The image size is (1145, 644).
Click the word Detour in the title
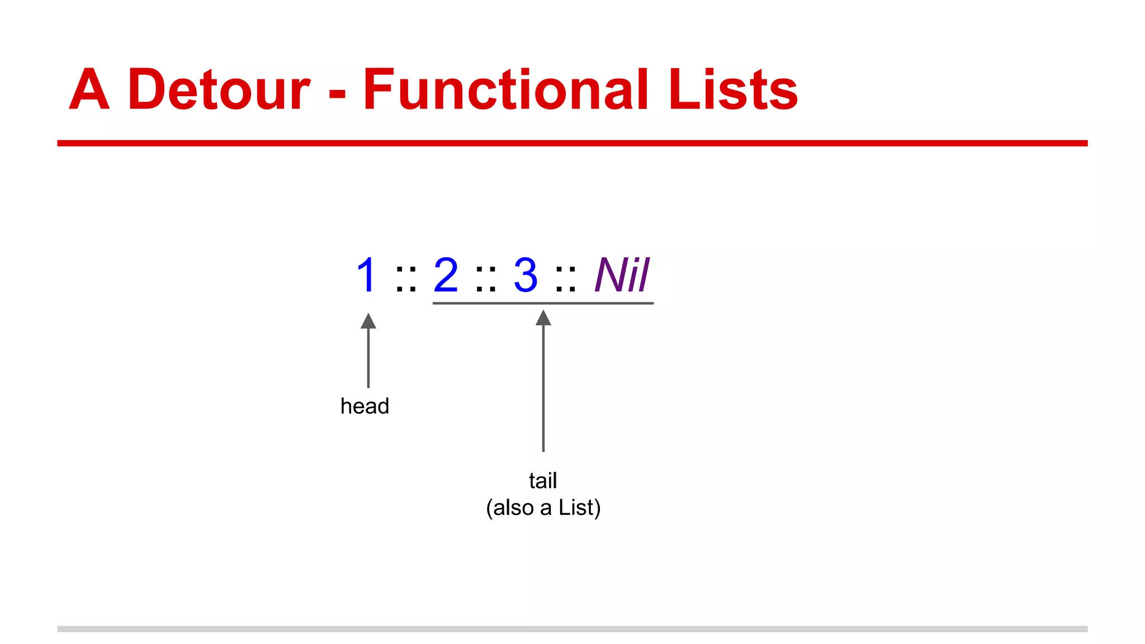pos(219,89)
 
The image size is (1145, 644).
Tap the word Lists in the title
pos(732,89)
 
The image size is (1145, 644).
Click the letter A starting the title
pos(89,89)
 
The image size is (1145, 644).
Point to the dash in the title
pos(337,93)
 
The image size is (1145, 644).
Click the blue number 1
pos(366,275)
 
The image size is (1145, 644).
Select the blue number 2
pos(446,275)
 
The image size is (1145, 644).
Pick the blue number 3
pos(526,275)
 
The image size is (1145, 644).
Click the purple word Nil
pos(622,275)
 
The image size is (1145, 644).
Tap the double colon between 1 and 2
pos(406,279)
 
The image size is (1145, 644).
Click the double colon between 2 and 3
pos(486,279)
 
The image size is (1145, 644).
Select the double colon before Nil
pos(566,279)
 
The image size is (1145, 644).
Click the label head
pos(365,406)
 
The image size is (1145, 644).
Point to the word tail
pos(543,481)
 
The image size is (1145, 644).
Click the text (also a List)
pos(543,508)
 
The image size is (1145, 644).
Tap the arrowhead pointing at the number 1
pos(368,321)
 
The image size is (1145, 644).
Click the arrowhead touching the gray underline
pos(543,318)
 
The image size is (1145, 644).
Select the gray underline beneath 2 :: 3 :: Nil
pos(604,303)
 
